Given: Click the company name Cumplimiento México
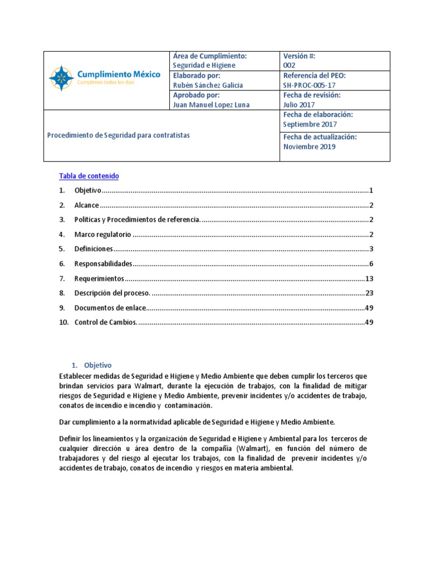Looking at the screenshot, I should pyautogui.click(x=118, y=74).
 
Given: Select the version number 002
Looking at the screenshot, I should pyautogui.click(x=290, y=65).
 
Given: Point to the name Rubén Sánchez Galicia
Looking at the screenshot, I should pyautogui.click(x=207, y=85).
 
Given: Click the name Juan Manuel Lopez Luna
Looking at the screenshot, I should pyautogui.click(x=211, y=105).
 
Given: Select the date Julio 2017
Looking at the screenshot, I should pyautogui.click(x=298, y=105).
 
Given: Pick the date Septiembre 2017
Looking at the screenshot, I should pyautogui.click(x=306, y=124).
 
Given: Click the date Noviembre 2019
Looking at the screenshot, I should pyautogui.click(x=309, y=147).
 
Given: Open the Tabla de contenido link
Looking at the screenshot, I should pyautogui.click(x=89, y=176).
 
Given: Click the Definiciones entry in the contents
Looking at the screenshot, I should pyautogui.click(x=94, y=248).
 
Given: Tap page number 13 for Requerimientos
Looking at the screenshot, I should pyautogui.click(x=369, y=278).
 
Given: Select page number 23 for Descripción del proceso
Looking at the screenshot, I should pyautogui.click(x=369, y=292).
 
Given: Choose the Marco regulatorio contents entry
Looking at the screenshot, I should pyautogui.click(x=103, y=234).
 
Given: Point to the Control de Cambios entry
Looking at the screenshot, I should pyautogui.click(x=105, y=322).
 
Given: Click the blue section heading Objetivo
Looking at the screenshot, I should pyautogui.click(x=98, y=365).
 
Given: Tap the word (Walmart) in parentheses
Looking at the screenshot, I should pyautogui.click(x=252, y=448).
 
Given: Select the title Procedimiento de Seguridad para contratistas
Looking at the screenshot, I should pyautogui.click(x=119, y=135).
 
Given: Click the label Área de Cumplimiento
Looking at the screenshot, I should pyautogui.click(x=210, y=56).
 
